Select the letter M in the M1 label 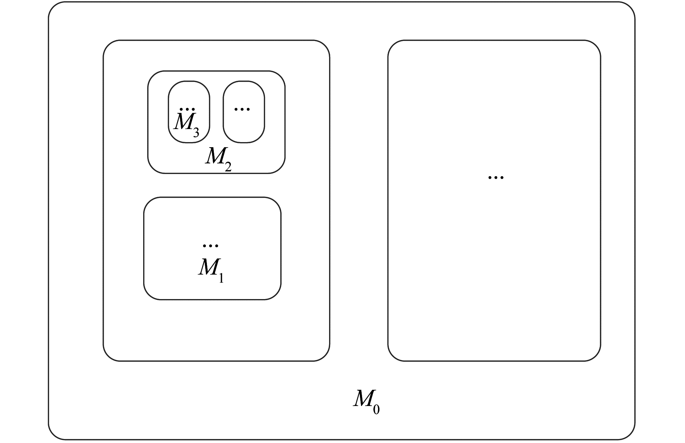pos(208,268)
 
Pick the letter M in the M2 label pos(215,156)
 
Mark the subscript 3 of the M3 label pos(196,133)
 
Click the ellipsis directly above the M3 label pos(187,109)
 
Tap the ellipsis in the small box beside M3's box pos(242,108)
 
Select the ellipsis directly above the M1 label pos(210,246)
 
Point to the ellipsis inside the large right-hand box pos(496,177)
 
